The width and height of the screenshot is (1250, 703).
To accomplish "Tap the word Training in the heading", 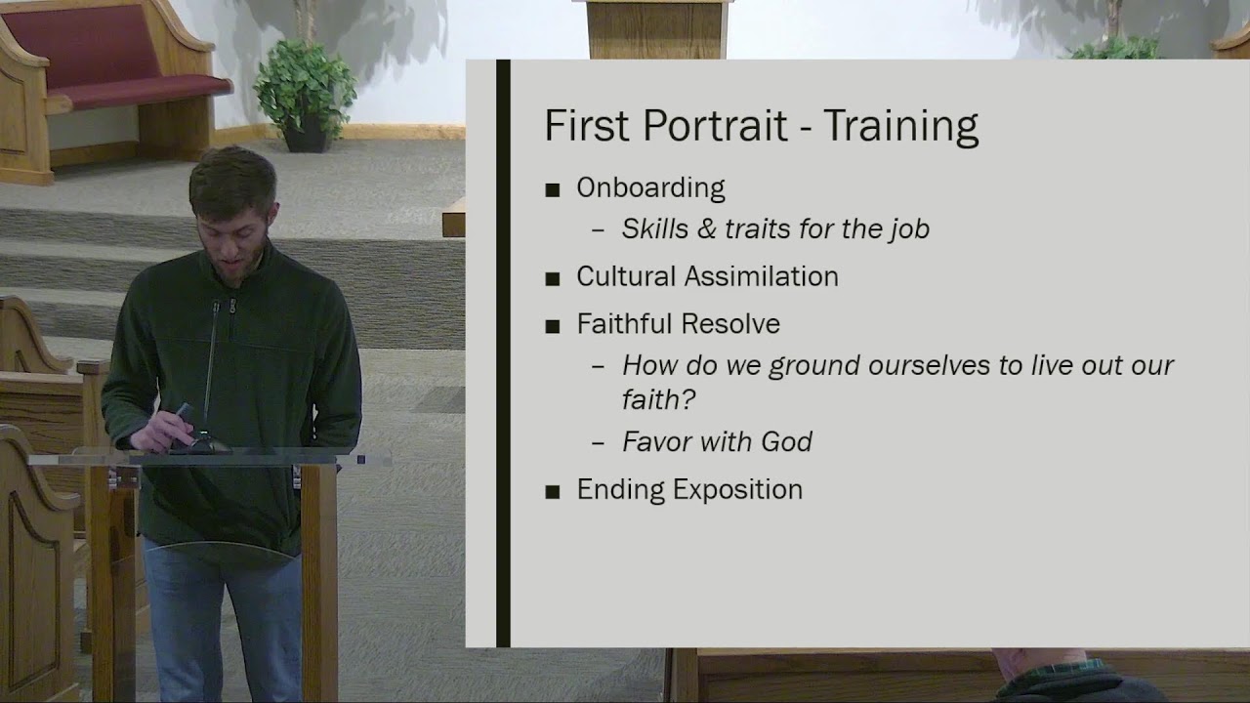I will (x=900, y=126).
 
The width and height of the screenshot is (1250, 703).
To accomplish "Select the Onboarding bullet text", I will (x=650, y=187).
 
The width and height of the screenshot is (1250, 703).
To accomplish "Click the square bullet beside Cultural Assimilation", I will (x=553, y=278).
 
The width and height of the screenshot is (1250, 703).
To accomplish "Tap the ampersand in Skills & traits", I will (x=705, y=229).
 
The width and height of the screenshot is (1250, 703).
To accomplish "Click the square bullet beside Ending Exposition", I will (x=553, y=491).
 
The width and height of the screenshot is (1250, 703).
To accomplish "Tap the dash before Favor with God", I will (x=599, y=442).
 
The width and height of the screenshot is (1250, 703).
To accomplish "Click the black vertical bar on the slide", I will (x=503, y=351).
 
